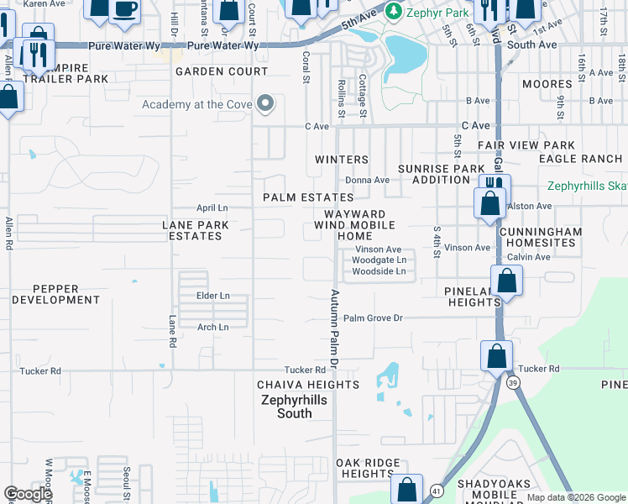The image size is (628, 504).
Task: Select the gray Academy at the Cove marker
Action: [x=265, y=104]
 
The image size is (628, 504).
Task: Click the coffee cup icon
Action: [x=124, y=8]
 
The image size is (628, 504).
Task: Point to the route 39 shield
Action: [x=511, y=383]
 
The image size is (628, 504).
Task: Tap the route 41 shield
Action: [x=437, y=489]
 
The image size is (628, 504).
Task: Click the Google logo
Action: [x=28, y=494]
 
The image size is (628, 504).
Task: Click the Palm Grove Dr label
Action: [x=374, y=318]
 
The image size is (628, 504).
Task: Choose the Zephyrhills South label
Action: [x=283, y=407]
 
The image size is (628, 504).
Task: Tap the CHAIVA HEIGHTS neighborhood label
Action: [x=308, y=385]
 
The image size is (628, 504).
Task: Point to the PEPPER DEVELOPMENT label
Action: [x=56, y=293]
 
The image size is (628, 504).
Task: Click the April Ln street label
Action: [x=212, y=207]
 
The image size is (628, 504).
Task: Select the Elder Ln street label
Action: [x=212, y=296]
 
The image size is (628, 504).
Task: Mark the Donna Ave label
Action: [x=367, y=180]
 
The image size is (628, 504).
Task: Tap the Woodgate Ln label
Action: [x=378, y=260]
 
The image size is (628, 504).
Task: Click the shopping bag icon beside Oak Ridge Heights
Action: [x=406, y=489]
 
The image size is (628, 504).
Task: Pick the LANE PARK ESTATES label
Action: [x=195, y=230]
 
